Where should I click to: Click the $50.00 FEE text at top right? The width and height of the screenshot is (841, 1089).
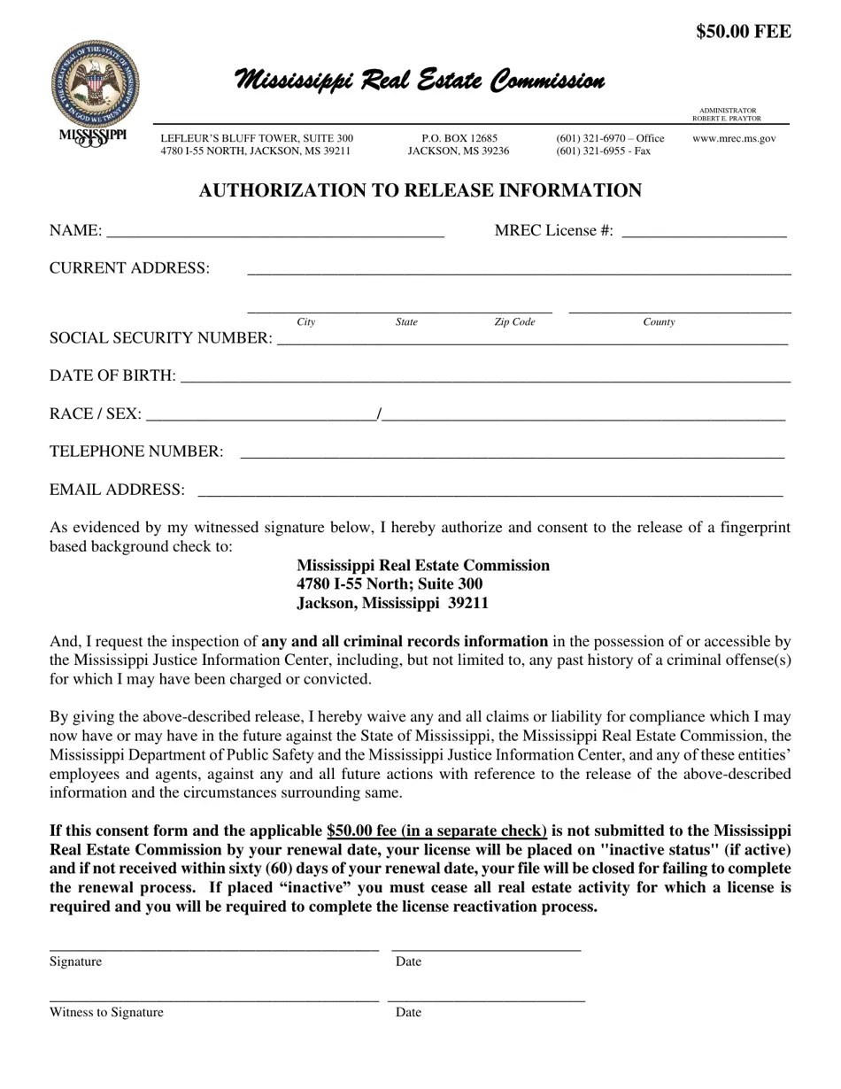pyautogui.click(x=744, y=32)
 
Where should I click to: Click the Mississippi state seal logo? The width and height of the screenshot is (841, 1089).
pyautogui.click(x=95, y=84)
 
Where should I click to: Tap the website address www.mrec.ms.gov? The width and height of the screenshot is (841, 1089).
pyautogui.click(x=734, y=138)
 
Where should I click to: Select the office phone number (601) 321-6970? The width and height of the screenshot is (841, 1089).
pyautogui.click(x=610, y=138)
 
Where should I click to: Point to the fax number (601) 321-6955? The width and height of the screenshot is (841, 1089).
pyautogui.click(x=603, y=151)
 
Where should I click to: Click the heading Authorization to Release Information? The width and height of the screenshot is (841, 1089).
pyautogui.click(x=420, y=190)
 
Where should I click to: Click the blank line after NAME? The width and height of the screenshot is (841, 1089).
pyautogui.click(x=274, y=232)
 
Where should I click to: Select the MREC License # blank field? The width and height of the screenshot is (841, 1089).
pyautogui.click(x=704, y=232)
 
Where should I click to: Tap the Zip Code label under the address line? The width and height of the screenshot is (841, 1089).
pyautogui.click(x=514, y=322)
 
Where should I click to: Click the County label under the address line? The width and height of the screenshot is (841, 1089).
pyautogui.click(x=659, y=322)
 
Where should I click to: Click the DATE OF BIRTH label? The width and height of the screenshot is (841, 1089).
pyautogui.click(x=112, y=375)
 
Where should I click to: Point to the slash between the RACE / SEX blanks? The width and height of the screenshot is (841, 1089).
pyautogui.click(x=379, y=413)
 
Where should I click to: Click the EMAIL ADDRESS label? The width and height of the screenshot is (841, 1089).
pyautogui.click(x=118, y=490)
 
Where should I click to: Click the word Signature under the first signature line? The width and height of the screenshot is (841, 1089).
pyautogui.click(x=75, y=962)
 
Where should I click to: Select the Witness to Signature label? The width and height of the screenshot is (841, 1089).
pyautogui.click(x=106, y=1012)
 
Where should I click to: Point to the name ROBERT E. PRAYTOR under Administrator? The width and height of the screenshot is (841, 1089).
pyautogui.click(x=726, y=119)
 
